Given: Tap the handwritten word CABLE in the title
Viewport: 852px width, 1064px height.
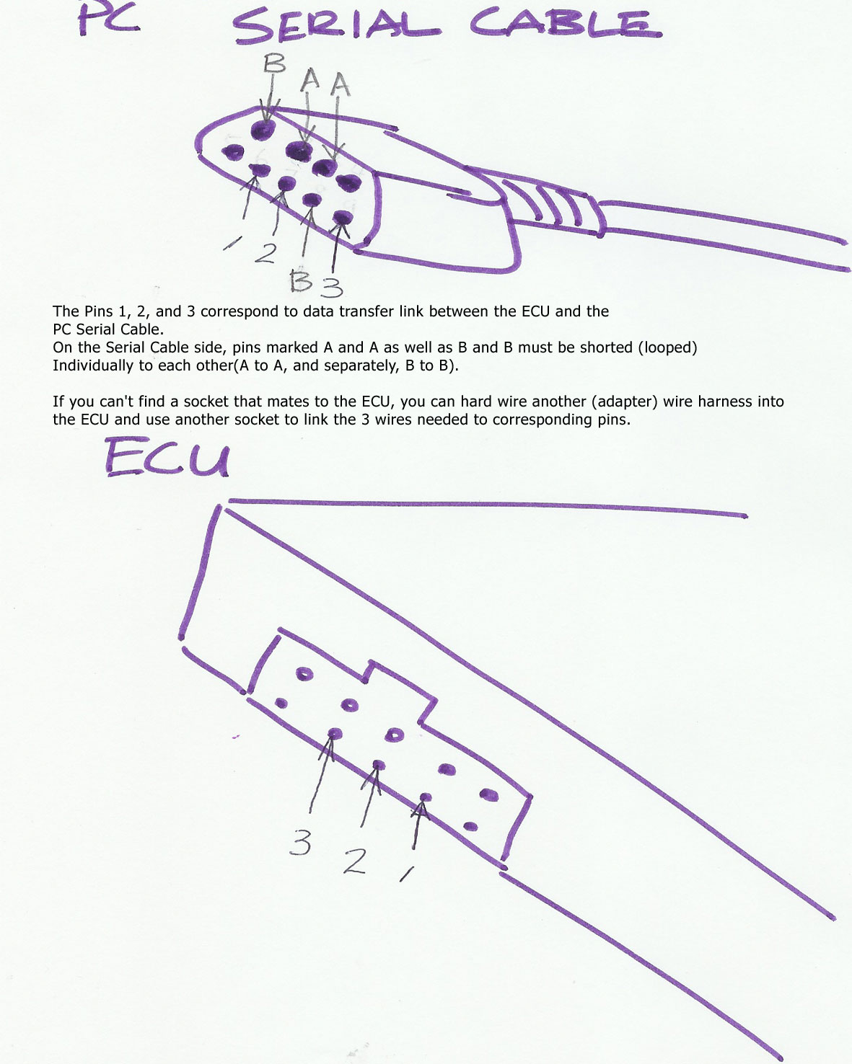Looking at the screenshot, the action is coord(565,23).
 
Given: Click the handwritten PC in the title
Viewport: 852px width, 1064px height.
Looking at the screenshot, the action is coord(108,18).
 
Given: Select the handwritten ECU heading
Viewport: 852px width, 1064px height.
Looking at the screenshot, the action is coord(167,458).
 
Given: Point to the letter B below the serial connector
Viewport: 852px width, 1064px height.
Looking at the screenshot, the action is coord(301,280).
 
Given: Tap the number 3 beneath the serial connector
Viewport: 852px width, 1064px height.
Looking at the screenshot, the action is coord(332,287).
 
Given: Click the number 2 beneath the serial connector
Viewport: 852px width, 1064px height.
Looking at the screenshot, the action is coord(266,252).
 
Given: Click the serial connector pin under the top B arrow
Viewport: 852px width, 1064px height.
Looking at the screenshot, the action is coord(263,130).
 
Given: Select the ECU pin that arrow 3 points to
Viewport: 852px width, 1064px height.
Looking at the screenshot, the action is coord(335,732).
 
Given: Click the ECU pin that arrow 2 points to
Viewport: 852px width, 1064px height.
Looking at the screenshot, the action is coord(379,765).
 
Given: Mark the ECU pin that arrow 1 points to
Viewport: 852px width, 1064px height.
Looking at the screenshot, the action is coord(426,797).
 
